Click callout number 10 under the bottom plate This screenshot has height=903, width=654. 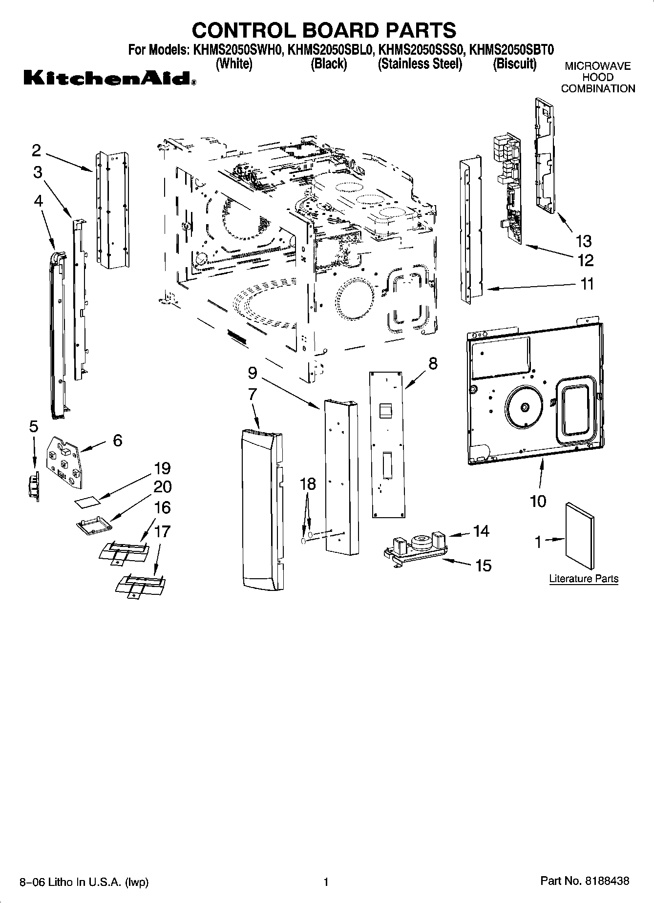pos(538,501)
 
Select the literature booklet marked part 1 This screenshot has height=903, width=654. pos(580,536)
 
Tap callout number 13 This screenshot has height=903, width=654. pos(583,241)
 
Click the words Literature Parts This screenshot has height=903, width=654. pos(584,579)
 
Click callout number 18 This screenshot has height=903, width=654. pos(308,484)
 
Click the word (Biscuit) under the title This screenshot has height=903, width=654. pos(514,64)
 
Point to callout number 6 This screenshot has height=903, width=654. pos(117,441)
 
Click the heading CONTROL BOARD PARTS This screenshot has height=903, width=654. pos(324,30)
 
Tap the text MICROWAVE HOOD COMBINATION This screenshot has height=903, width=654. pos(597,77)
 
